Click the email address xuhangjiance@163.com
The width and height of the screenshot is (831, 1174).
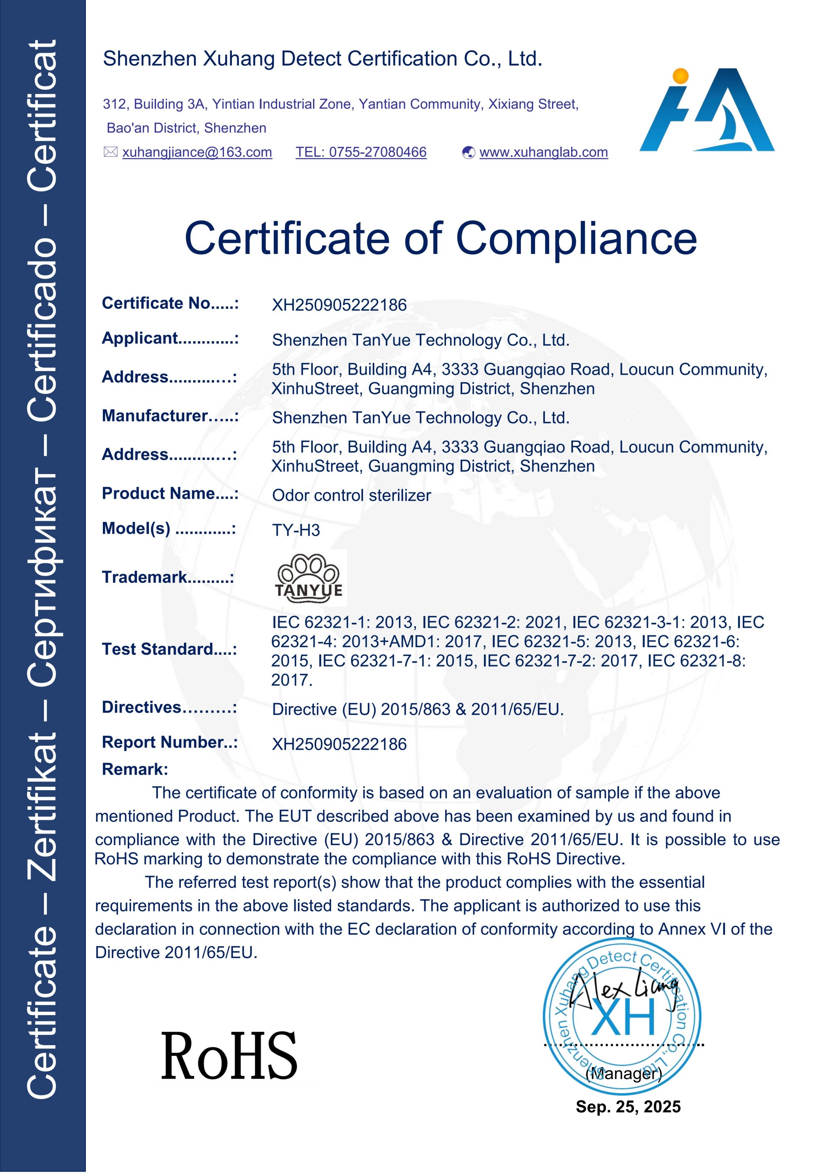coord(197,152)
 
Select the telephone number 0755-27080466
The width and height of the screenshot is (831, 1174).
coord(361,152)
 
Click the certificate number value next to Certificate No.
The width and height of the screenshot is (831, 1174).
coord(339,305)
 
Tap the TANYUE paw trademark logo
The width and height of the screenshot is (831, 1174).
coord(309,577)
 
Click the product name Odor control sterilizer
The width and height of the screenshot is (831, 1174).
coord(351,495)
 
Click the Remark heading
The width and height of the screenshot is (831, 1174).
coord(135,769)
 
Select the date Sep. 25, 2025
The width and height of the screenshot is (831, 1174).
coord(628,1107)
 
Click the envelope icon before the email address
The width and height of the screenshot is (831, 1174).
coord(110,152)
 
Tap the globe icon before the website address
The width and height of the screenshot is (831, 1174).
coord(468,152)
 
